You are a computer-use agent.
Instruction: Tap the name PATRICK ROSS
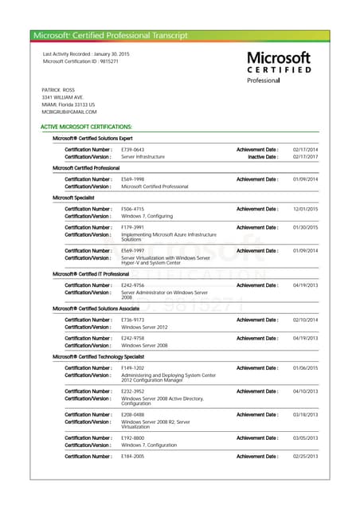57,90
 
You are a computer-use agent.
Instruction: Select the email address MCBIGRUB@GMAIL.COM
69,112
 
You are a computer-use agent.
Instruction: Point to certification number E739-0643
132,150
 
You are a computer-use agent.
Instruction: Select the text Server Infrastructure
143,157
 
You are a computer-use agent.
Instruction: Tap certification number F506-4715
132,209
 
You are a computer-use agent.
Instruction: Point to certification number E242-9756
132,284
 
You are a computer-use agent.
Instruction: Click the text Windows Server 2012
144,327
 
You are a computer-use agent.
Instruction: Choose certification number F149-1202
132,368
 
